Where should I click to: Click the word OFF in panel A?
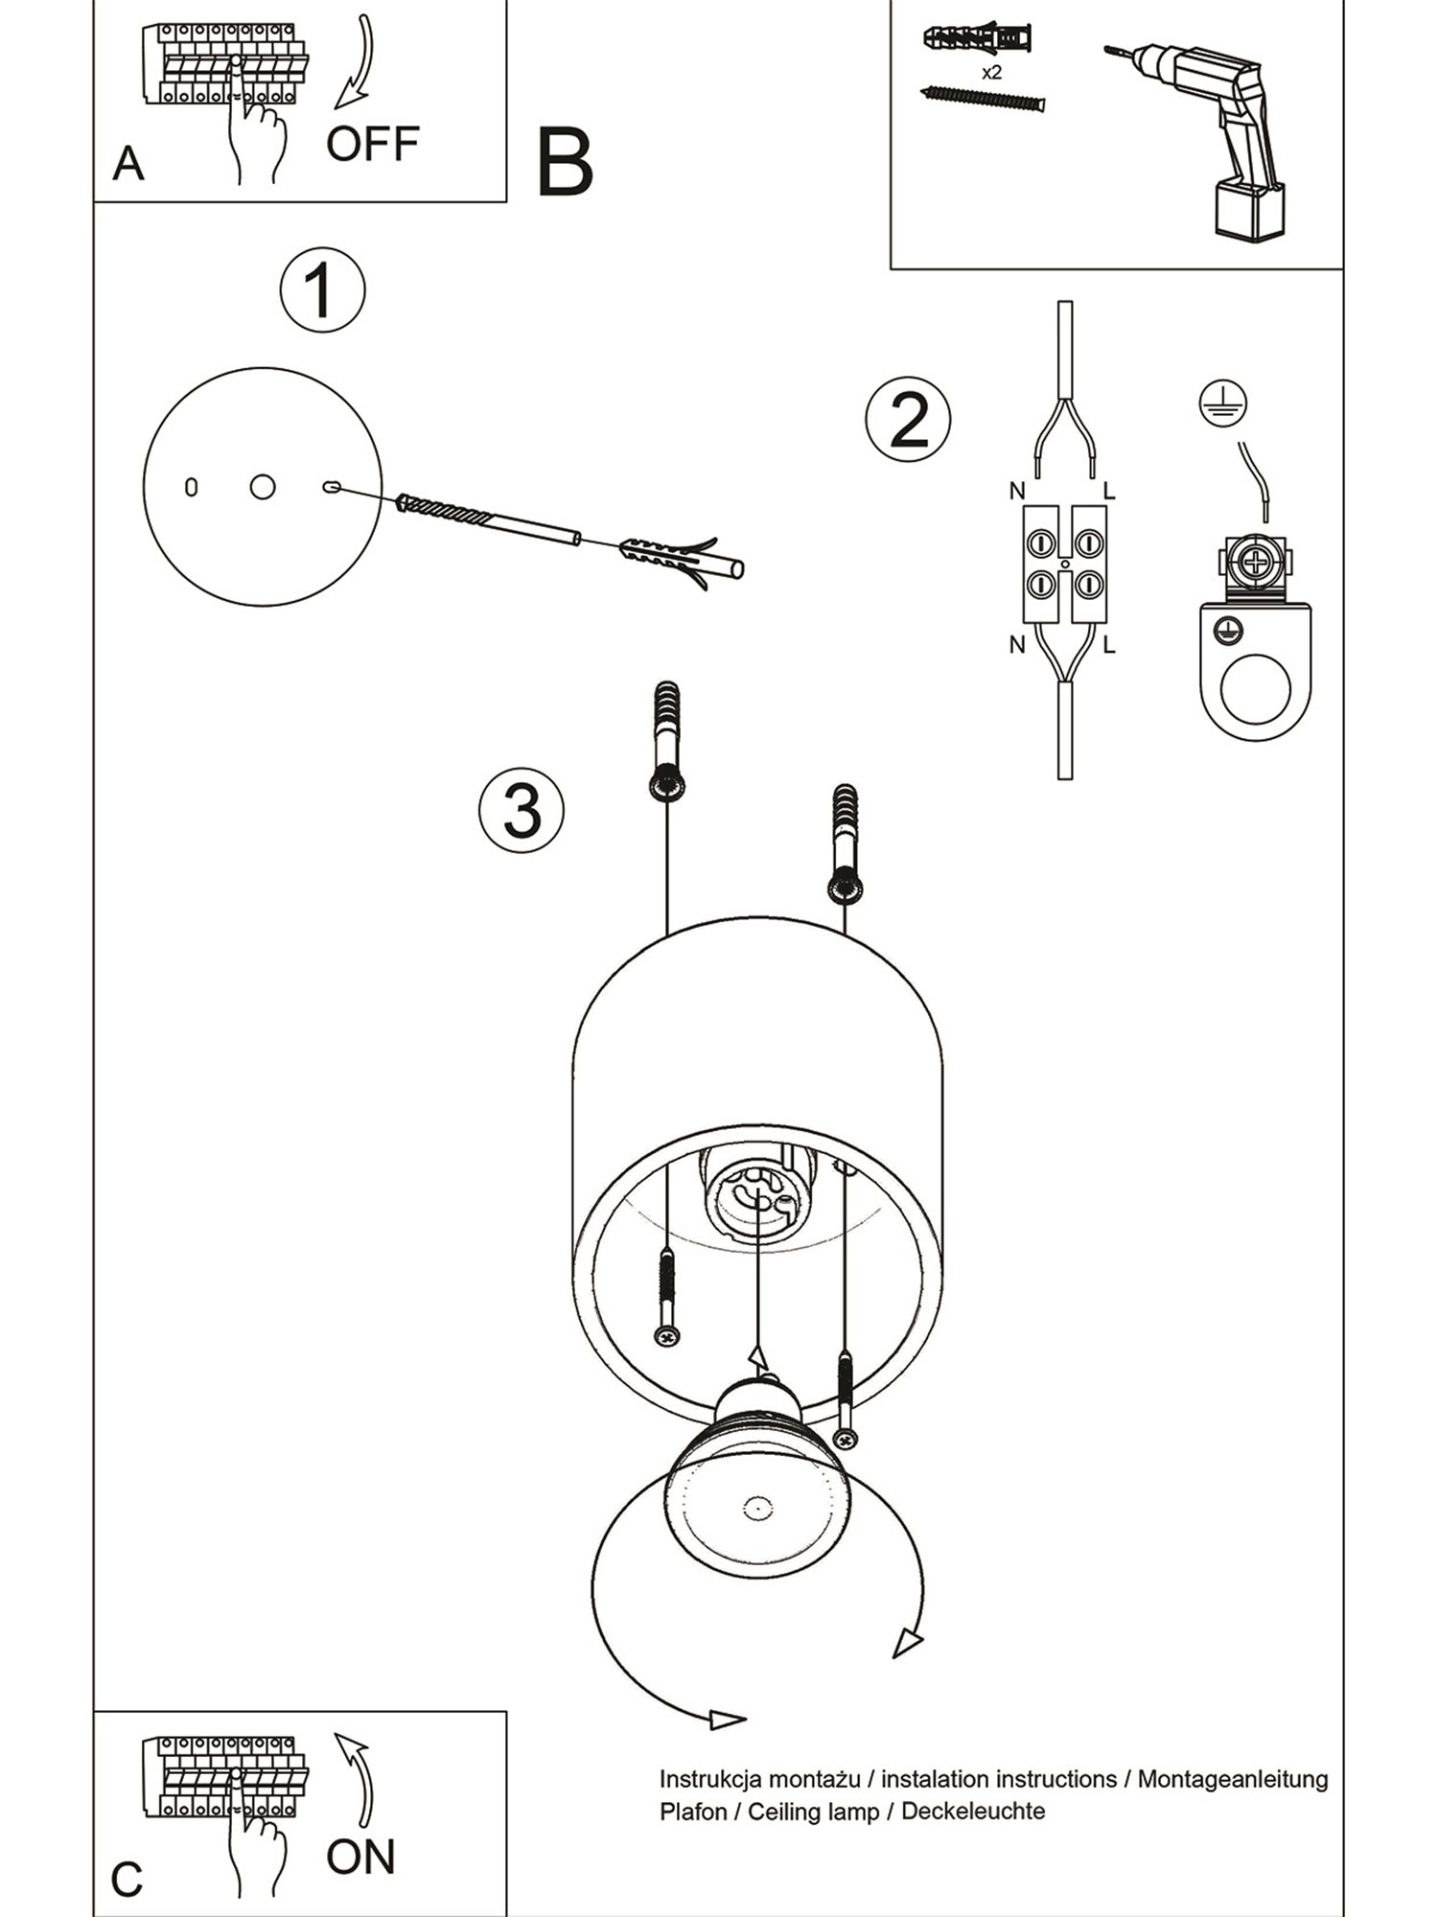372,144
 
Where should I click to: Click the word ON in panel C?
360,1857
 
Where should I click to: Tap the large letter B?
565,163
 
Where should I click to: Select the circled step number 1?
322,290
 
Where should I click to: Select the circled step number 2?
908,420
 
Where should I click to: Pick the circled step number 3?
522,811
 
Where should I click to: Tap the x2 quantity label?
992,73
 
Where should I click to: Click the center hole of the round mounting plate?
263,487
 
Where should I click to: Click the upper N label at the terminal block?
1017,492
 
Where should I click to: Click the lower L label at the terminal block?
1109,645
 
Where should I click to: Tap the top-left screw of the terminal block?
1042,543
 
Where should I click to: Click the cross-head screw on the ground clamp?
1255,562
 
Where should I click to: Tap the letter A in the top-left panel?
128,165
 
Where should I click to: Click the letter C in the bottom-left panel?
127,1880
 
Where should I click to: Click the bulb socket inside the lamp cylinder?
757,1193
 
